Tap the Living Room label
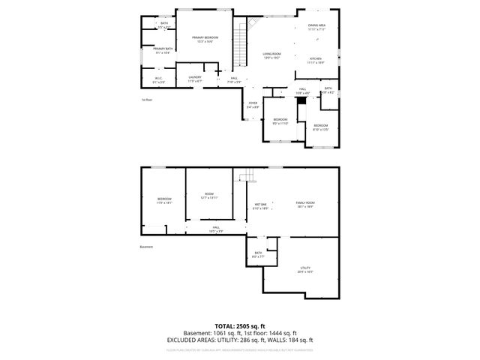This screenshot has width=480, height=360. coord(271,55)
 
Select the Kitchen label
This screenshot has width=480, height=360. coord(316,60)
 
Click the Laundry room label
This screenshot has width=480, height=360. coord(195,78)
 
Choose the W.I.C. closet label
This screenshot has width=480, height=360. coord(158,79)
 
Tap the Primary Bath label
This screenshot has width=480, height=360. coord(163,49)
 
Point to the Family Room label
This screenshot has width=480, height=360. coord(304,204)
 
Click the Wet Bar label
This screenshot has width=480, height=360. coord(261,205)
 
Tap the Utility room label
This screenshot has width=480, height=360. coord(305,268)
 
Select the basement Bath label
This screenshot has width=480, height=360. coord(258,254)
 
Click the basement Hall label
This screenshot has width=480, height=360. coord(215,229)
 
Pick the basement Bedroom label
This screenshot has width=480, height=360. coord(164,200)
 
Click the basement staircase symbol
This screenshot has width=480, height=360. coord(246,177)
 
